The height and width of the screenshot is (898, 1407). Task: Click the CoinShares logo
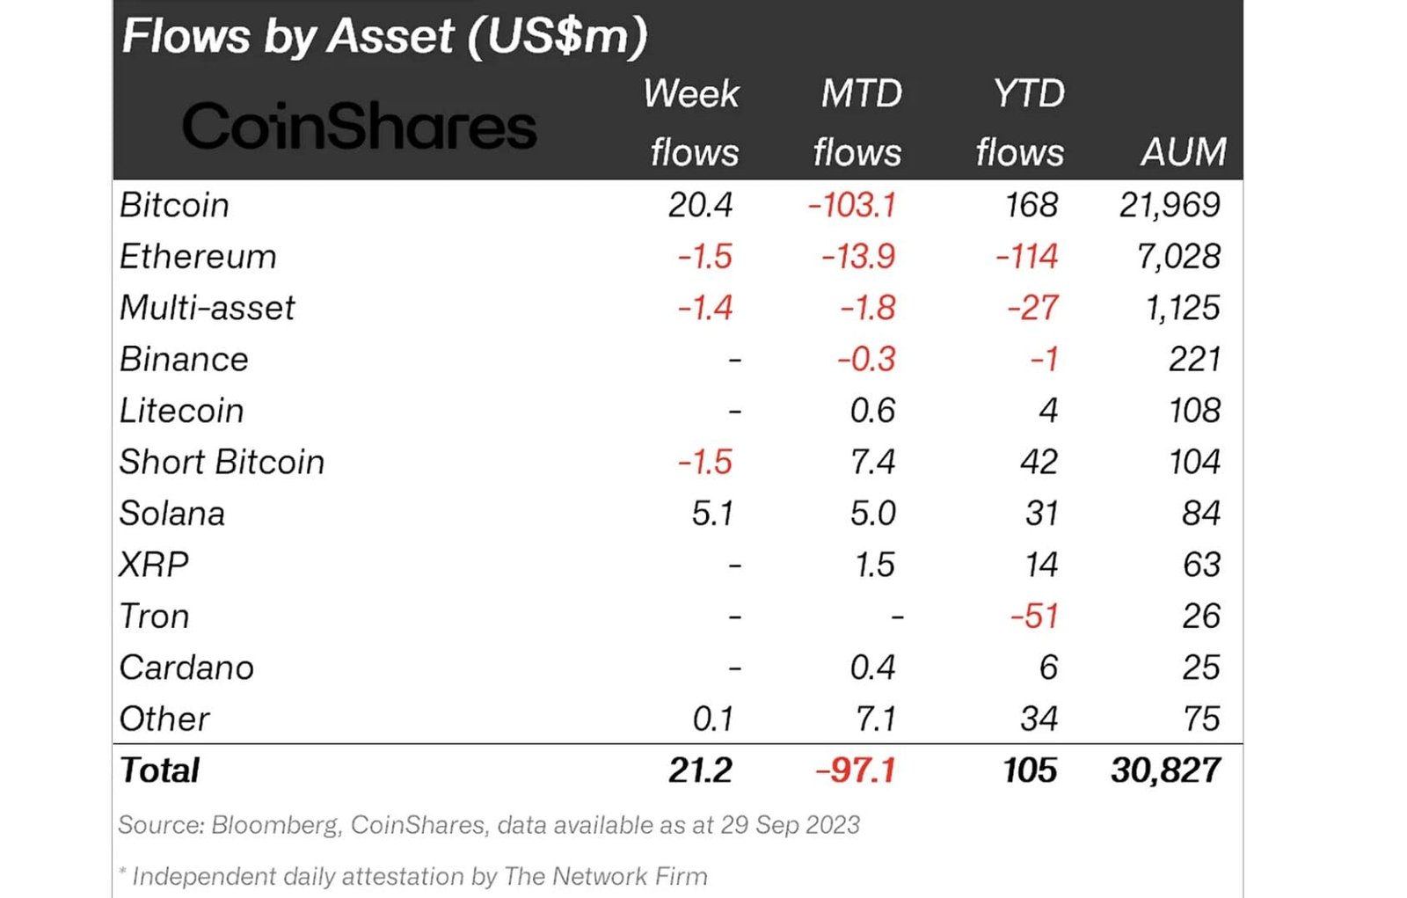359,127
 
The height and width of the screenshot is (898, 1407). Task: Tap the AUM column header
1183,152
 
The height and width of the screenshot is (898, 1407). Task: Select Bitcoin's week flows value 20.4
700,205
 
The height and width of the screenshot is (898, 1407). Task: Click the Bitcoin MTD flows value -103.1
852,205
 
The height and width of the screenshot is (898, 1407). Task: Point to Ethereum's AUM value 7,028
1178,257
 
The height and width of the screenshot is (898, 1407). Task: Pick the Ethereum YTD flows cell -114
1027,257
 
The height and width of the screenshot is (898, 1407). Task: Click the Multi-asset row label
208,308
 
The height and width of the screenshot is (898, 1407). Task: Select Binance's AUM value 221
1194,360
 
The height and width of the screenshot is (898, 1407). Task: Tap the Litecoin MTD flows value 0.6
872,411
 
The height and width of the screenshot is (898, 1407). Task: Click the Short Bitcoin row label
222,463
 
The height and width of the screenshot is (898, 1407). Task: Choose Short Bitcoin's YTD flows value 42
1039,463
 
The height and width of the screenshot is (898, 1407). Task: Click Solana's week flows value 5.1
712,514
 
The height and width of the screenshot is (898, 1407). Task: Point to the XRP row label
154,565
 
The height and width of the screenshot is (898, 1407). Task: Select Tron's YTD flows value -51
1034,617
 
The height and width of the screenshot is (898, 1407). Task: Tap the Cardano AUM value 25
1201,668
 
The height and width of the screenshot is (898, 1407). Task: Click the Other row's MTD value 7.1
876,719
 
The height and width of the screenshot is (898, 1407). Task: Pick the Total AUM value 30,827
1165,770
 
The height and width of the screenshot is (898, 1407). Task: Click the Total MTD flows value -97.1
856,770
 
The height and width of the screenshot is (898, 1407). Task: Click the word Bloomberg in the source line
275,825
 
